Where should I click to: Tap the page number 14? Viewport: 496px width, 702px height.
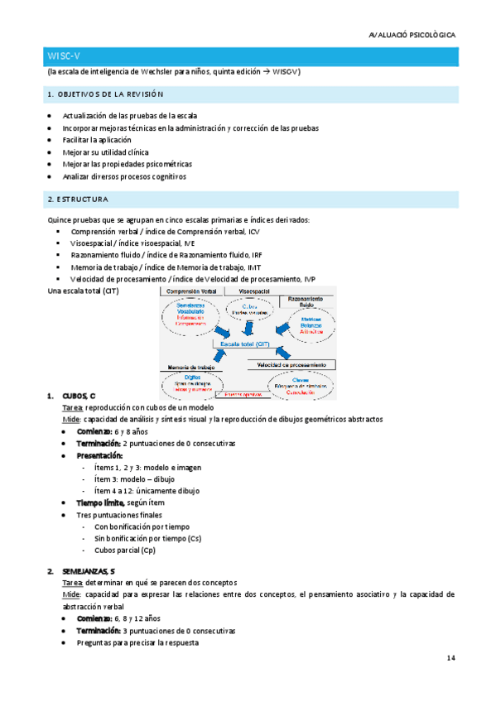(x=450, y=658)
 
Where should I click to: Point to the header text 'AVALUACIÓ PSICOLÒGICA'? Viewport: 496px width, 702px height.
(x=412, y=35)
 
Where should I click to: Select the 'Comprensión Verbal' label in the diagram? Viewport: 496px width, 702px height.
(x=197, y=293)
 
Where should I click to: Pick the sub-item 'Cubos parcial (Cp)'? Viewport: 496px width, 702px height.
(x=125, y=550)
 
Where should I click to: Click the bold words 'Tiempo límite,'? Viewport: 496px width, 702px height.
(x=100, y=502)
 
